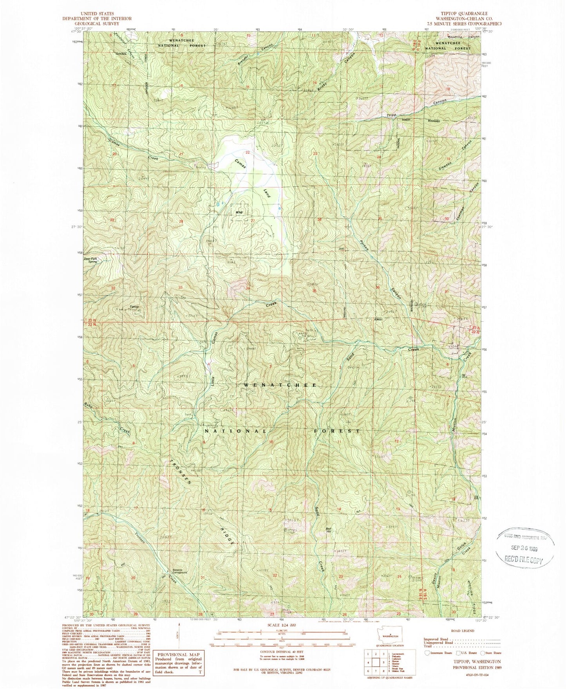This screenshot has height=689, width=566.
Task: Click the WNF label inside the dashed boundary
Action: coord(239,213)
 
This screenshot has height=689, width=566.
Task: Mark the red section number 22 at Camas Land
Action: coord(248,152)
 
